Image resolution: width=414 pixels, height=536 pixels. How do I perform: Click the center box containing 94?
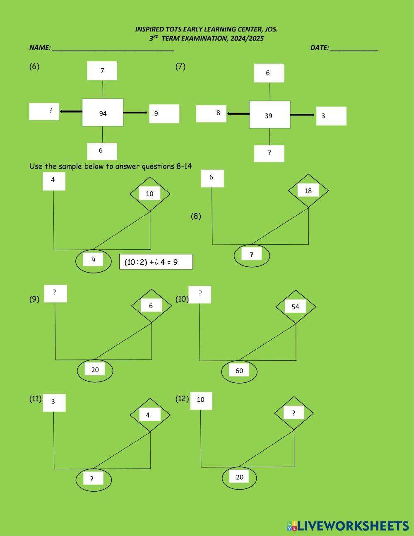point(103,112)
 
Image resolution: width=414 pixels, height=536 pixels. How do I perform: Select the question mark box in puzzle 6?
point(44,111)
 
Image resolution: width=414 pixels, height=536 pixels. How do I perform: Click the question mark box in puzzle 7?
point(269,153)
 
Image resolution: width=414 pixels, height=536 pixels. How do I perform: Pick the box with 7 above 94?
point(102,71)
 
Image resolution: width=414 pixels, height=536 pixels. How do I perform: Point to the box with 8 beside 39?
point(211,113)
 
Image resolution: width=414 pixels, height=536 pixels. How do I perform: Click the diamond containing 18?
point(308,191)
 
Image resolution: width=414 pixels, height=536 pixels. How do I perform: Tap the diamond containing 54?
point(296,307)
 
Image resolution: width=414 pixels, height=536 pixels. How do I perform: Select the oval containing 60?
point(239,371)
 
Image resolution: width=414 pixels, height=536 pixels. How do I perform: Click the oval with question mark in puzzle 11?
point(94,479)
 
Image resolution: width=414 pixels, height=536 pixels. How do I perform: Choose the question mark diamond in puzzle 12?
point(294,413)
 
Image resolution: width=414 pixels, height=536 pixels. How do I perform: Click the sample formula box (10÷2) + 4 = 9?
point(156,262)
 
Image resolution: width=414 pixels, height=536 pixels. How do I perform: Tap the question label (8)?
point(196,216)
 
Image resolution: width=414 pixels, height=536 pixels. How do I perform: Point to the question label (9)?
point(34,299)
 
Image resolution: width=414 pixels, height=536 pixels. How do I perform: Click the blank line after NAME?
point(113,48)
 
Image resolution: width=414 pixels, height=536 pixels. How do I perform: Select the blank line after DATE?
point(354,48)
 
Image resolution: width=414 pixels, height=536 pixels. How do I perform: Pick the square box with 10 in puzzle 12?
point(201,401)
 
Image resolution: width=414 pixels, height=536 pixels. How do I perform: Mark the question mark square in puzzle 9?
point(55,293)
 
